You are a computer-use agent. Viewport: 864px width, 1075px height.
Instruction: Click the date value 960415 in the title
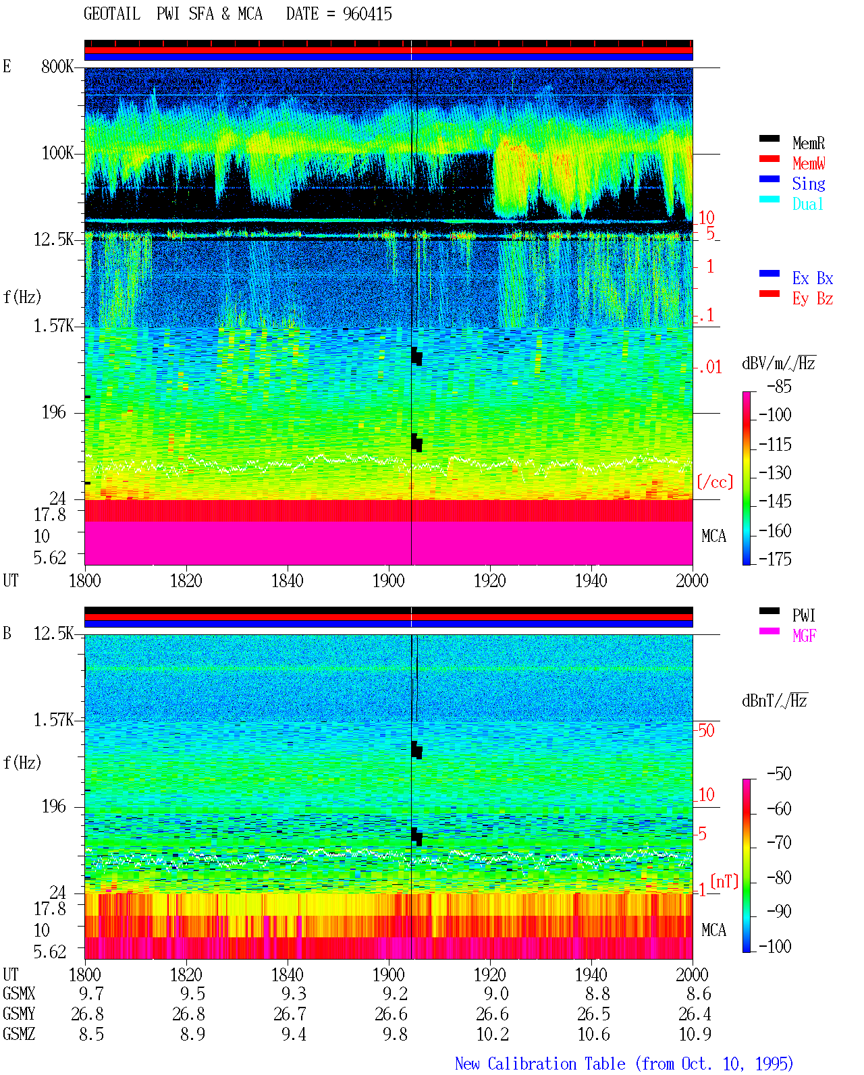[367, 14]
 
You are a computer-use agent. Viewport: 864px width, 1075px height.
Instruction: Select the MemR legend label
[809, 143]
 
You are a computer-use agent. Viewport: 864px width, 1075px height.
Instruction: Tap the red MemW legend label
[809, 163]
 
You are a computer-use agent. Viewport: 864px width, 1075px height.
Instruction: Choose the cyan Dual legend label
[808, 204]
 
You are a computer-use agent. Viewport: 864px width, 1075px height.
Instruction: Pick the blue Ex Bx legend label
[813, 278]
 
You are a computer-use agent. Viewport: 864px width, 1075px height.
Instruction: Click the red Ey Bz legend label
[813, 298]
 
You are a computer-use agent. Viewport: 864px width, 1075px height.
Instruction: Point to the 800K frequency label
[57, 66]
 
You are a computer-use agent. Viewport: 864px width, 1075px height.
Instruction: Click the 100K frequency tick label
[57, 153]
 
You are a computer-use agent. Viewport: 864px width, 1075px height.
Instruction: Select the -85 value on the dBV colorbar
[779, 386]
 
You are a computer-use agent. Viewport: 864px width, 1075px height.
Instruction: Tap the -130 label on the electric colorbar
[775, 472]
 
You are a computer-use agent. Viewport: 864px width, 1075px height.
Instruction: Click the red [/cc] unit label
[715, 482]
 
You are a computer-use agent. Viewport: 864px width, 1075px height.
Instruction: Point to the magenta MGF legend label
[804, 636]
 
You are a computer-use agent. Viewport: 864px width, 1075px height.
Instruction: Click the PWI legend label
[804, 615]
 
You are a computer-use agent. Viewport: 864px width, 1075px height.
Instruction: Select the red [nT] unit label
[724, 881]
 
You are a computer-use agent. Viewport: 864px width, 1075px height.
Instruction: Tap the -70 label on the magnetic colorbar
[779, 842]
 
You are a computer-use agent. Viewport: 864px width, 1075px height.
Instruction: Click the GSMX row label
[19, 993]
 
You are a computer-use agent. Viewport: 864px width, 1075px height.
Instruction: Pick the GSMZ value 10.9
[695, 1034]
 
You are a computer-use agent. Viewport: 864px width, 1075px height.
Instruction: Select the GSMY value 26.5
[593, 1014]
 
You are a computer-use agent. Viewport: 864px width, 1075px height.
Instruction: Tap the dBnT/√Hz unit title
[775, 700]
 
